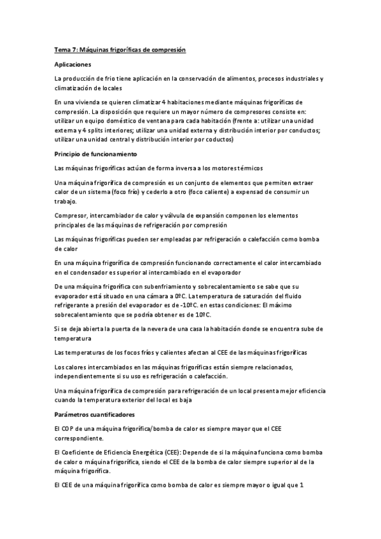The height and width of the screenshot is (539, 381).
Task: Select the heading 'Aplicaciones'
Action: tap(73, 64)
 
